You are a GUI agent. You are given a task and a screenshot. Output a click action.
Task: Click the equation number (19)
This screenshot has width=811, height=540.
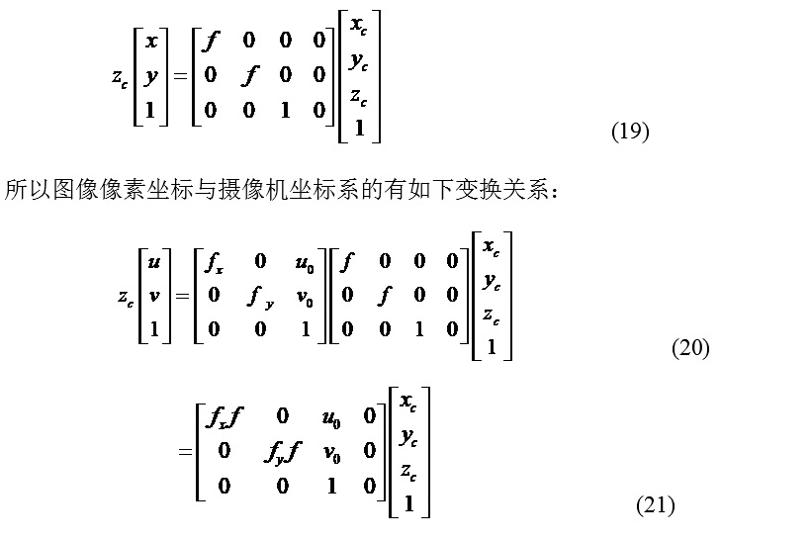pyautogui.click(x=630, y=132)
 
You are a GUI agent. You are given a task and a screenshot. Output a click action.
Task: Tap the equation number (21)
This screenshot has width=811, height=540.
pyautogui.click(x=655, y=505)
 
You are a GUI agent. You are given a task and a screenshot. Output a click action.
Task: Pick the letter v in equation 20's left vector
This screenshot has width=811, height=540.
pyautogui.click(x=153, y=294)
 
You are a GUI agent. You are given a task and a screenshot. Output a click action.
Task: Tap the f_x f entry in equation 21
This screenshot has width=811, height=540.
pyautogui.click(x=224, y=417)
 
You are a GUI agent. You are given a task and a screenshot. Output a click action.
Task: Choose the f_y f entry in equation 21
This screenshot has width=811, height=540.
pyautogui.click(x=282, y=450)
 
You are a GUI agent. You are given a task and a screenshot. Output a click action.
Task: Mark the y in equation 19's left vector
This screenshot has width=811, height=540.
pyautogui.click(x=151, y=75)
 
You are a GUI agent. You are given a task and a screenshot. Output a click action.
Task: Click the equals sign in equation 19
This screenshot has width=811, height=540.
pyautogui.click(x=179, y=76)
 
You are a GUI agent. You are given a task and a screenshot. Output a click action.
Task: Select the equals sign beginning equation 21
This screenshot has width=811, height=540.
pyautogui.click(x=184, y=452)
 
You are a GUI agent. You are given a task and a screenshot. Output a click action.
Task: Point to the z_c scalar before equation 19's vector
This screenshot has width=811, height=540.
pyautogui.click(x=119, y=78)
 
